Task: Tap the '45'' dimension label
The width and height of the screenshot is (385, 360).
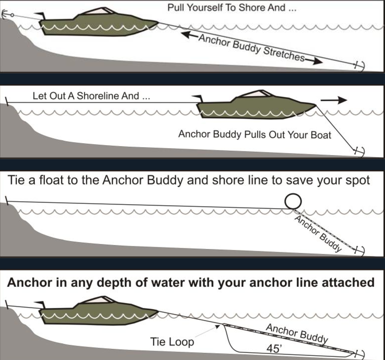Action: pos(274,348)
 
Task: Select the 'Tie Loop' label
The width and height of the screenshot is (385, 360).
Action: pos(172,341)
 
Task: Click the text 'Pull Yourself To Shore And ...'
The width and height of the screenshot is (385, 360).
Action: pos(232,8)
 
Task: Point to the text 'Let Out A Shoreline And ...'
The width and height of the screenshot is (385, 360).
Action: pos(91,96)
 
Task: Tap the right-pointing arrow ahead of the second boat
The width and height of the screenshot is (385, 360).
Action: pos(334,100)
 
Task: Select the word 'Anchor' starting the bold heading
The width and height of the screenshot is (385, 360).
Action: pos(29,282)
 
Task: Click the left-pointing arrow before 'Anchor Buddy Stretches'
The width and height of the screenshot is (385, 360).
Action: pos(189,35)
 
